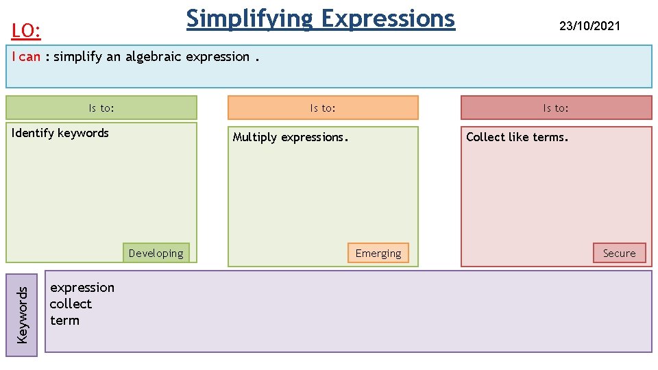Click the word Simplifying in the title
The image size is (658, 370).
(x=249, y=18)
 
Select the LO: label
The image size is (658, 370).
(x=27, y=31)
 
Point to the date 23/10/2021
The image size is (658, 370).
(x=589, y=26)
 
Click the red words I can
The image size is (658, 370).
(x=26, y=57)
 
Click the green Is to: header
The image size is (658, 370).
(x=101, y=108)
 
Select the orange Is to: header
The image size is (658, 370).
(x=323, y=108)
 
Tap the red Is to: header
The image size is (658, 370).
(x=556, y=108)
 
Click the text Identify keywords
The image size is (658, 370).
(x=60, y=133)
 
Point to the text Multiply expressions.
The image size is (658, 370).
(x=291, y=137)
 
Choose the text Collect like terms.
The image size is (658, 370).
(x=517, y=137)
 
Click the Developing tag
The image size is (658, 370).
(x=156, y=253)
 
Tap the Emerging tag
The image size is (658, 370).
(x=378, y=253)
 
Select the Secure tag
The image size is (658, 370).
(x=619, y=253)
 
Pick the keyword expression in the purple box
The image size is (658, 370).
(x=82, y=287)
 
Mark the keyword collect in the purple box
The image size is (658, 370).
(x=71, y=304)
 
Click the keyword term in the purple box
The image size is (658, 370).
(x=64, y=320)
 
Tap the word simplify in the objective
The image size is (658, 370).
(x=78, y=57)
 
